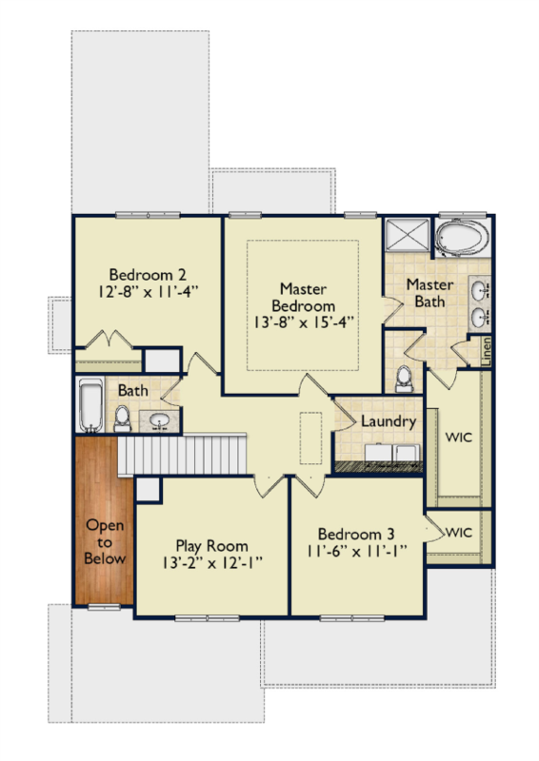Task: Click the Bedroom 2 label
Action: click(148, 275)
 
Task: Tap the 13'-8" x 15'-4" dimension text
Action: click(303, 322)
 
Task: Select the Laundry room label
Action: click(389, 421)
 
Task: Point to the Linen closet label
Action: click(486, 351)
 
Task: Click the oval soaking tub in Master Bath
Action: click(462, 238)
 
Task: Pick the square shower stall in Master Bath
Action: click(408, 235)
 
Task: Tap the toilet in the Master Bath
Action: click(404, 379)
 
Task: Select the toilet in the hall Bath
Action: click(122, 419)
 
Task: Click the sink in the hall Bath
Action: click(159, 420)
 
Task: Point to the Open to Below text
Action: click(105, 541)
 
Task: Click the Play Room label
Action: click(212, 546)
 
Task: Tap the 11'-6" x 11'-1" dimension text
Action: click(356, 551)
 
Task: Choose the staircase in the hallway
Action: click(182, 455)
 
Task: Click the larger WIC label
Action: click(458, 437)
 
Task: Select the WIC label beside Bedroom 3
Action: click(458, 533)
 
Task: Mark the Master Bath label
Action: click(429, 293)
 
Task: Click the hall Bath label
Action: click(132, 390)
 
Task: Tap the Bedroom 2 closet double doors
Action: click(109, 340)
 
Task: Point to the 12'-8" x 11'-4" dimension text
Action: click(149, 292)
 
